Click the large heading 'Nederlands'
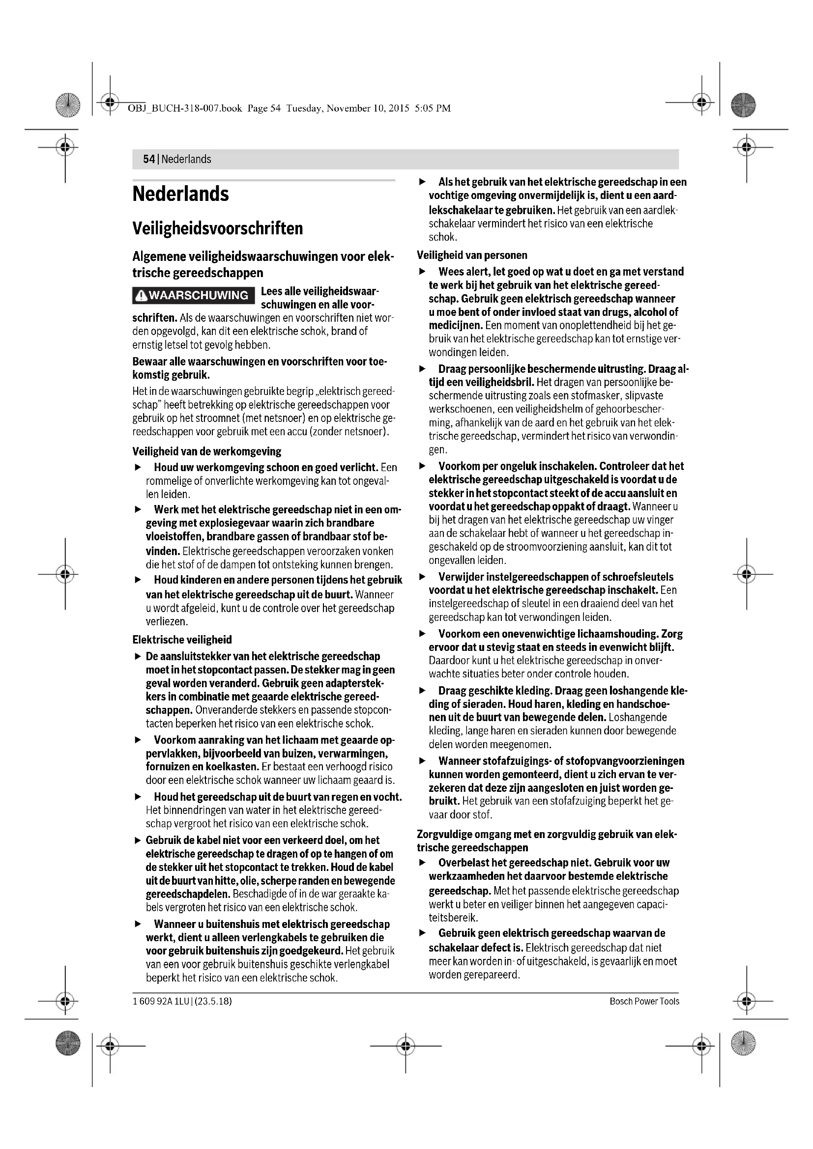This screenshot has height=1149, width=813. [181, 194]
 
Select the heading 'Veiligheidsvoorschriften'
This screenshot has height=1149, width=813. [218, 229]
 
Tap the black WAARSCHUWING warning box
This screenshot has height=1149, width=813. [194, 295]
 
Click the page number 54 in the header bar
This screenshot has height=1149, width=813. [148, 159]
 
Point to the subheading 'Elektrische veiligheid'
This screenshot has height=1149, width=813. [181, 640]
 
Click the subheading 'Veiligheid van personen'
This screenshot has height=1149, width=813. [471, 255]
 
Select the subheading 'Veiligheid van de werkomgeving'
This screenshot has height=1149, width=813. [207, 451]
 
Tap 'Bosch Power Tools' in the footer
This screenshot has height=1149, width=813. [644, 1001]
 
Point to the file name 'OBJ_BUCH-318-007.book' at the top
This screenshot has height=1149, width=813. [185, 108]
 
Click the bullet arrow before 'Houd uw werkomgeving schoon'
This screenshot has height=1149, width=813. [138, 467]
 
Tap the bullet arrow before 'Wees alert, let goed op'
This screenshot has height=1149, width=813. [423, 272]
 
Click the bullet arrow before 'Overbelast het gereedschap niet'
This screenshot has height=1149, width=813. [423, 863]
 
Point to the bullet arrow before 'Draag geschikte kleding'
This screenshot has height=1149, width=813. [423, 691]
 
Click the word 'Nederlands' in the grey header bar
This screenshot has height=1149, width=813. [186, 159]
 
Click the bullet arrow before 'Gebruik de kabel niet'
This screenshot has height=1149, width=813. [138, 841]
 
